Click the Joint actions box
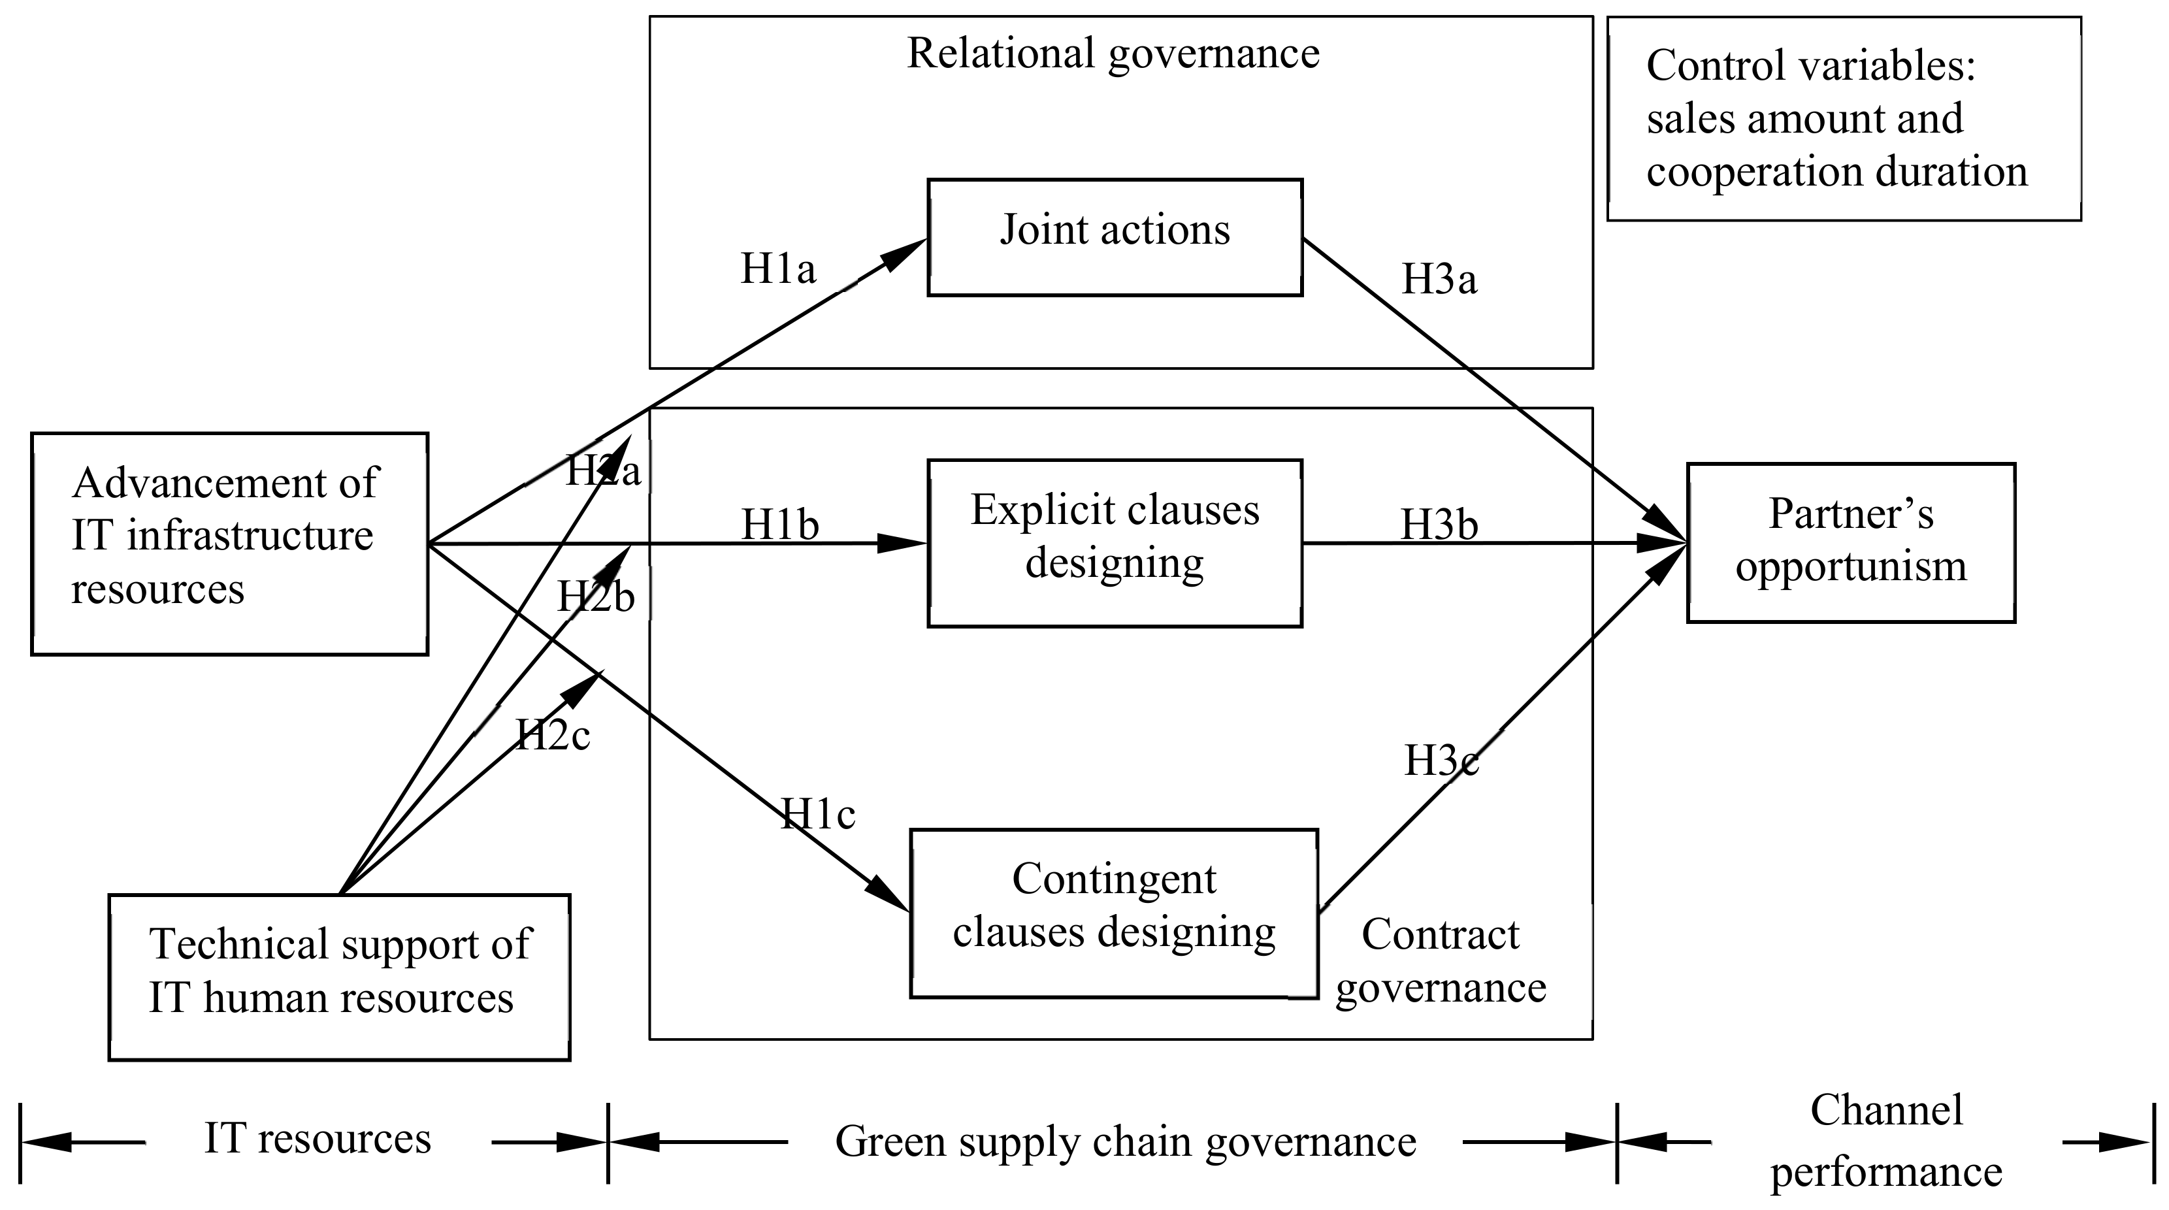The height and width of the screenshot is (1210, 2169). tap(1114, 237)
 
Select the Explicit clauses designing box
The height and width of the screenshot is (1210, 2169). tap(1114, 543)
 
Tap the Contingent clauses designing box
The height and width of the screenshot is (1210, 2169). tap(1113, 913)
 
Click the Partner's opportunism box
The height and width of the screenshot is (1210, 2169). tap(1851, 542)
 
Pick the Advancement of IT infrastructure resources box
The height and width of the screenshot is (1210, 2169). tap(229, 543)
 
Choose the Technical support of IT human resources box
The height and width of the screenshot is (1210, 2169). tap(339, 976)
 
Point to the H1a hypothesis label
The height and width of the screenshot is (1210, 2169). tap(777, 269)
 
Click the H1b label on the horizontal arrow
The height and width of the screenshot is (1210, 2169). tap(779, 525)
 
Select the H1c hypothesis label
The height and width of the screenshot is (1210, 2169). tap(817, 813)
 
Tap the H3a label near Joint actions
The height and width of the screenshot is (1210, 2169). tap(1438, 279)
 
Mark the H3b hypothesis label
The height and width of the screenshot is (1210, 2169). tap(1438, 525)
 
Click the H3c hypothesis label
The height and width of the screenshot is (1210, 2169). tap(1441, 760)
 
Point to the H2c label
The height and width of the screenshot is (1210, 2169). tap(552, 734)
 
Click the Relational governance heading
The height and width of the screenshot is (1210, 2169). tap(1113, 54)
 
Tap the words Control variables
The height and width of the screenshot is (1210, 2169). tap(1810, 66)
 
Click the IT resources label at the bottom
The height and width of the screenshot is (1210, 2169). tap(318, 1138)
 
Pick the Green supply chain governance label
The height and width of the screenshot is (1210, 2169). tap(1125, 1142)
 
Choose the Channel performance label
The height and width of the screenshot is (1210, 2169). tap(1886, 1140)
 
